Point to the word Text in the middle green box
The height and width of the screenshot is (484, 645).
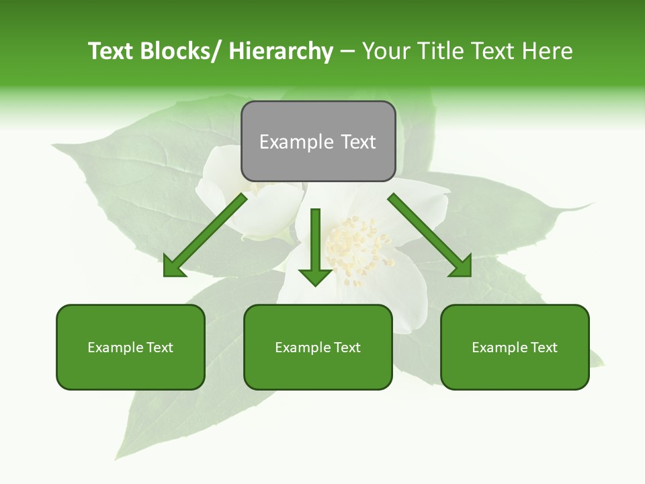[347, 348]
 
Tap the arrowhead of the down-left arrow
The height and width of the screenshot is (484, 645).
[173, 267]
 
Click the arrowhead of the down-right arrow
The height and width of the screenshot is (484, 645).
[461, 267]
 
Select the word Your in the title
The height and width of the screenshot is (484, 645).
[386, 51]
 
